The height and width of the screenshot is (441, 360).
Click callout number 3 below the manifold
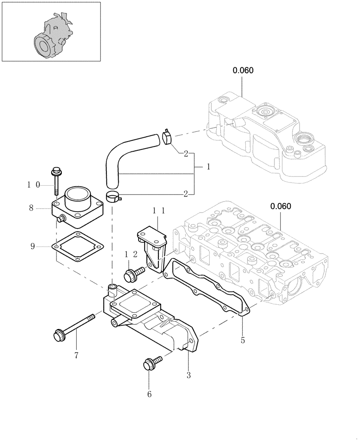[x=188, y=375]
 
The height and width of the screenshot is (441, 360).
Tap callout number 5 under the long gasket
[x=243, y=340]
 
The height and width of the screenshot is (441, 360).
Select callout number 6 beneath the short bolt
[x=149, y=394]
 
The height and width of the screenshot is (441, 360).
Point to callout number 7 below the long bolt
[x=76, y=355]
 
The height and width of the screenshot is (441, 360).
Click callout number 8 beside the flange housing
[x=31, y=207]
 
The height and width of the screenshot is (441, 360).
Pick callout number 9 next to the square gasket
[x=33, y=246]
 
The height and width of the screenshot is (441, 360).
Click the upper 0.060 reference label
[x=243, y=70]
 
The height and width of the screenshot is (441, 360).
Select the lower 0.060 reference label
[x=281, y=206]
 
